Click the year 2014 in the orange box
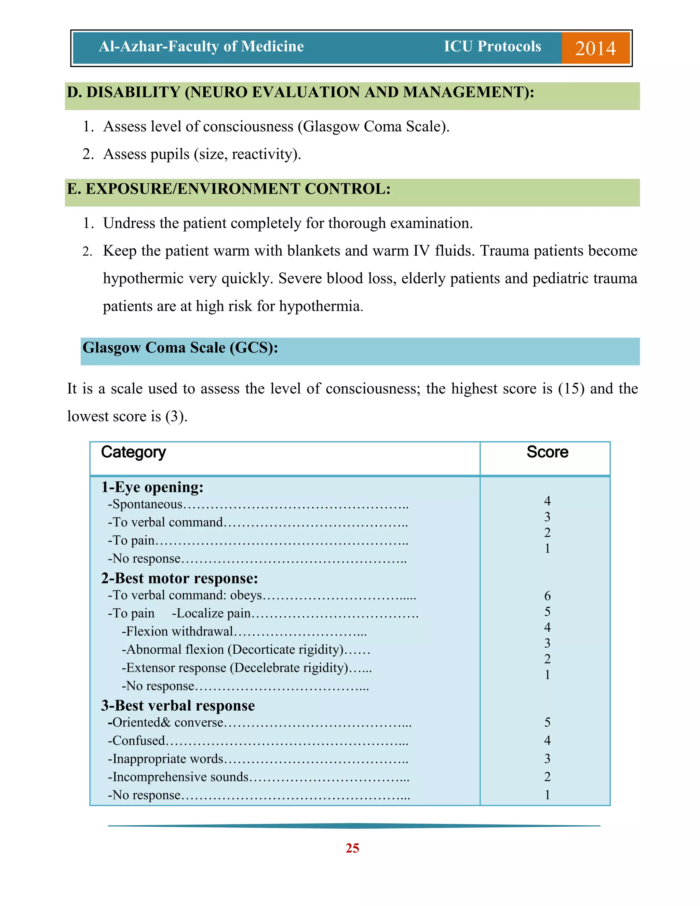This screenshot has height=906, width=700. [x=595, y=49]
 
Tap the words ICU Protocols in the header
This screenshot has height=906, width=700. [x=492, y=46]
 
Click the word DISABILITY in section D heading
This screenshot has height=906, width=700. [x=133, y=92]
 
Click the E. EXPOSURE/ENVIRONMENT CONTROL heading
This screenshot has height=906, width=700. [x=229, y=189]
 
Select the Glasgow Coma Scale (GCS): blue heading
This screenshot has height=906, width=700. [x=180, y=348]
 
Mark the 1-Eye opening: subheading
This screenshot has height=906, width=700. [x=152, y=487]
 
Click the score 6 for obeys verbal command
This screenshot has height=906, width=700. [x=547, y=596]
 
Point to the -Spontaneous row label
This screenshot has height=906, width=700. [x=145, y=504]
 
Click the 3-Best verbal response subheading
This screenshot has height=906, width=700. [x=178, y=706]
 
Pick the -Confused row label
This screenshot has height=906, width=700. [x=136, y=741]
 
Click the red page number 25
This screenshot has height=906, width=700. [x=352, y=848]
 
